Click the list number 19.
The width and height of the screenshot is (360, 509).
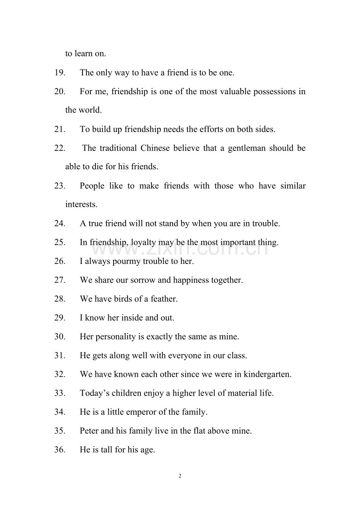tap(59, 73)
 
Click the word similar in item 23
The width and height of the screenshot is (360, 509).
tap(293, 186)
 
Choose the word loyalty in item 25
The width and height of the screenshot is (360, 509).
tap(143, 242)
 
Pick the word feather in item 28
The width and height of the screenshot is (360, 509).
tap(164, 299)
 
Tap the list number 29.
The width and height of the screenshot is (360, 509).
tap(59, 318)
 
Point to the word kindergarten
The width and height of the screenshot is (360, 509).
tap(267, 375)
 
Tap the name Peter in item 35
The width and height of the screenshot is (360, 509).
tap(89, 431)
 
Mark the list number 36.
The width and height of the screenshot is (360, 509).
tap(59, 450)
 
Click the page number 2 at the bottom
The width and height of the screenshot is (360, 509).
tap(180, 476)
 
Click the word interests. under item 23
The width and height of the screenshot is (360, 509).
tap(81, 204)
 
